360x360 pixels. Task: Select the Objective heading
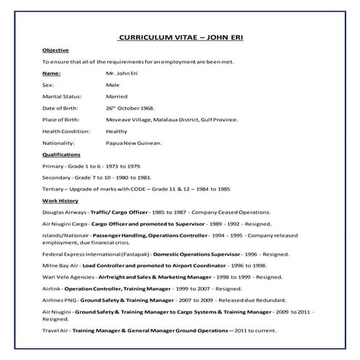[55, 50]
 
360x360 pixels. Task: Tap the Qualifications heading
[61, 155]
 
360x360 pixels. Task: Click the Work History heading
[59, 199]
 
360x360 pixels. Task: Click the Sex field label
[48, 85]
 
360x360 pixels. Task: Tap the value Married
[117, 97]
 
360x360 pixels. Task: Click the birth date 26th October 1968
[130, 108]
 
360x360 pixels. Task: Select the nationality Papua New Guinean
[134, 143]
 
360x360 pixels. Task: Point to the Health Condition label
[66, 132]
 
